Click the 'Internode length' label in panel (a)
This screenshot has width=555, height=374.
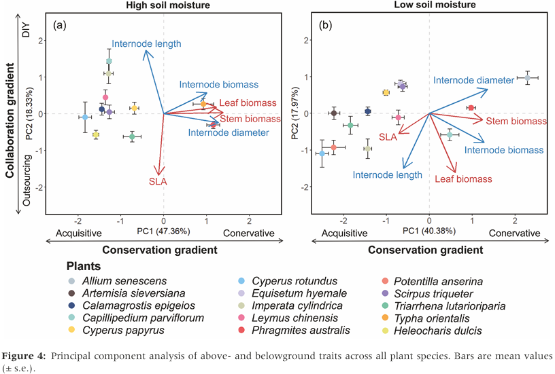[146, 44]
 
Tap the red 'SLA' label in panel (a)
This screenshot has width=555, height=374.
[157, 181]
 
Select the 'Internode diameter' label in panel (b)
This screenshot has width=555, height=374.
[473, 80]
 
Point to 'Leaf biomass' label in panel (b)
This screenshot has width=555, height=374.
[462, 179]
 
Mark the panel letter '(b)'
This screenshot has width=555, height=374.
[325, 26]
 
